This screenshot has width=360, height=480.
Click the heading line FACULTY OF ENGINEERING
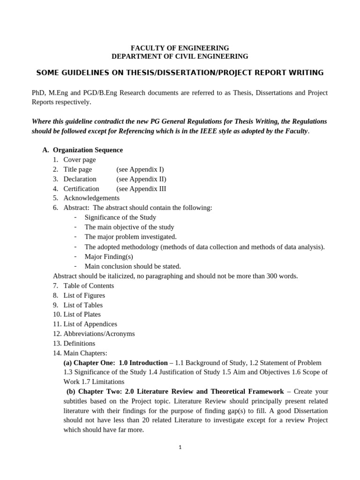(x=180, y=48)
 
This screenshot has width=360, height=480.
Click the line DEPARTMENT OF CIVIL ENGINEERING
(x=180, y=56)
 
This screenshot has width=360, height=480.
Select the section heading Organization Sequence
(x=88, y=150)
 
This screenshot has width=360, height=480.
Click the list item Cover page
(x=80, y=160)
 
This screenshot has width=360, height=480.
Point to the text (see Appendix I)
(x=140, y=169)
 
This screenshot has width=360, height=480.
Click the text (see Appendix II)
(x=141, y=179)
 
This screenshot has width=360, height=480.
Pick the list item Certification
(x=82, y=188)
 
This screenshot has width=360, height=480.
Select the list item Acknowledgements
(x=91, y=198)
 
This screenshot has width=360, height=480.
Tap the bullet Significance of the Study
(x=120, y=217)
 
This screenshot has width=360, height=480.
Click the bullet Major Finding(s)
(x=109, y=256)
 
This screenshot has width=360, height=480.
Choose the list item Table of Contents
(x=89, y=285)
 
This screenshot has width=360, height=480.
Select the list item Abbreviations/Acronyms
(x=99, y=334)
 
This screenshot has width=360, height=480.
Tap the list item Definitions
(x=79, y=343)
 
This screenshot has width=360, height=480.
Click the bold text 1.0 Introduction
(x=143, y=363)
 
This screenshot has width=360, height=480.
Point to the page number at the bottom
(x=180, y=447)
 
